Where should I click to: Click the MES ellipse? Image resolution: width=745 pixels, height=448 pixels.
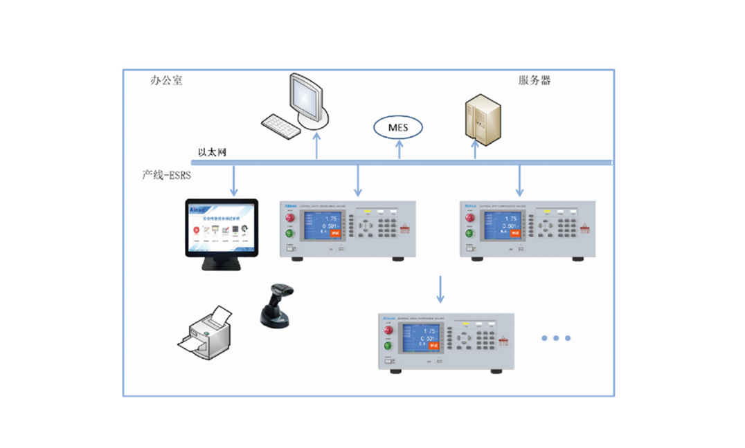pos(398,127)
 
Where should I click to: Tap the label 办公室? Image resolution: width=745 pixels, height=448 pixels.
pos(166,80)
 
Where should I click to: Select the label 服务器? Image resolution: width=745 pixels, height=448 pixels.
pos(535,80)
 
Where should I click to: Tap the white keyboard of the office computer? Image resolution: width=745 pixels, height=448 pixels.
pos(281,124)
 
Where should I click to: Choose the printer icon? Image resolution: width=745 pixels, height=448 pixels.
pos(206,330)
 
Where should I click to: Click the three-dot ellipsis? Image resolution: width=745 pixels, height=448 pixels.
pos(555,338)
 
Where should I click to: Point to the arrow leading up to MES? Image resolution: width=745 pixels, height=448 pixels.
pos(399,149)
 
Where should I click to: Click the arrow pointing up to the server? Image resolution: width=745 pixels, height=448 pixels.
pos(475,151)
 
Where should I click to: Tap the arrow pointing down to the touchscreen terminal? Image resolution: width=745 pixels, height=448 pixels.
pos(233,180)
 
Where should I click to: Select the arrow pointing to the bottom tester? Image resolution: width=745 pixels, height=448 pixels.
pos(441,288)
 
